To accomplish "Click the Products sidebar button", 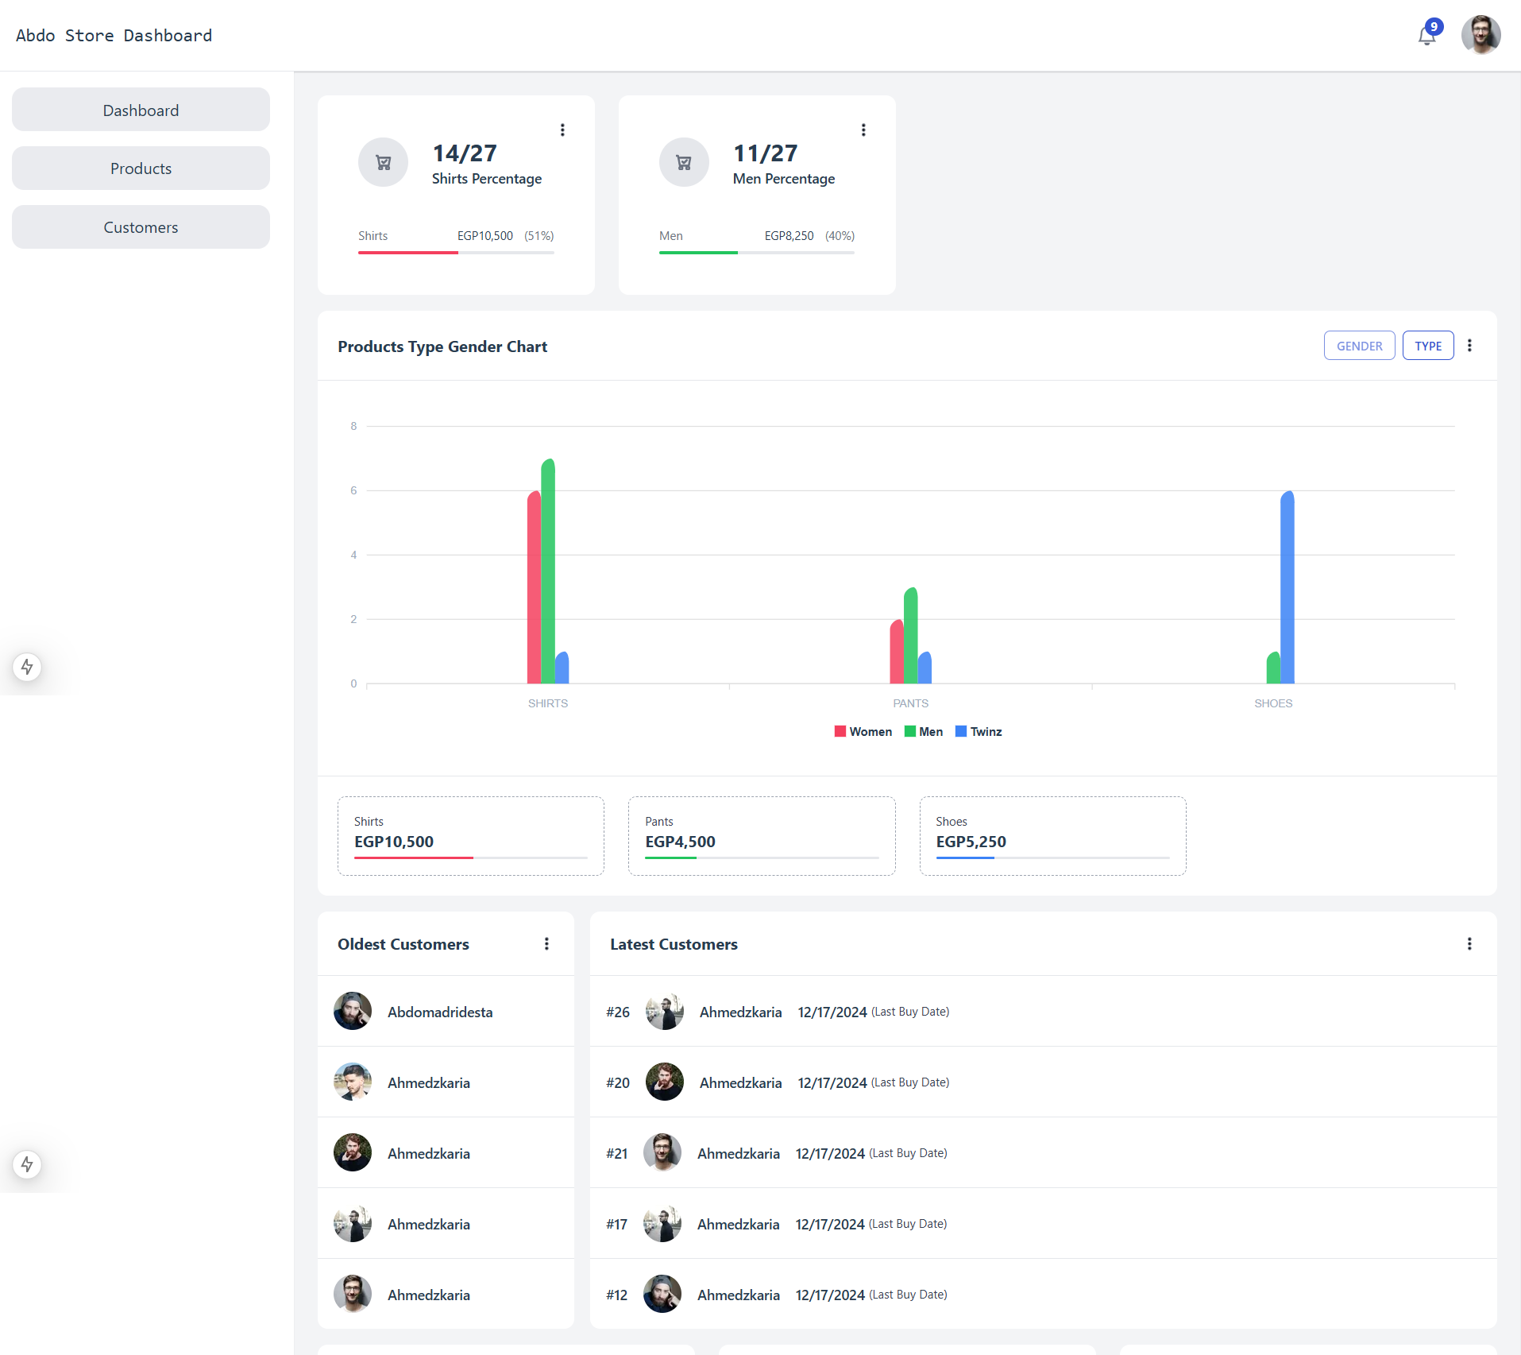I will click(141, 168).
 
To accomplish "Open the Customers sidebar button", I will click(141, 227).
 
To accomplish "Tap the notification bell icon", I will click(1426, 36).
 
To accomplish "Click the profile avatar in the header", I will click(1480, 35).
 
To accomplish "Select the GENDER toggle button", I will click(1359, 346).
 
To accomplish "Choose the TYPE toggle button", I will click(1427, 346).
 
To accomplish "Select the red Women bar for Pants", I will click(897, 652).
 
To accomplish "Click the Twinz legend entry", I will click(979, 732).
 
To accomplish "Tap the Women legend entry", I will click(863, 732).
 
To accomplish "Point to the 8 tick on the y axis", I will click(353, 427).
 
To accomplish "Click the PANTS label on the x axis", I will click(910, 703).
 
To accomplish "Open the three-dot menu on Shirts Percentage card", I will click(562, 130).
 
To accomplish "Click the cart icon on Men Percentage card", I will click(684, 163).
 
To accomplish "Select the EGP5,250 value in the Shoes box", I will click(971, 842).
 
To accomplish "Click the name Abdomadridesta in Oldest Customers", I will click(440, 1012).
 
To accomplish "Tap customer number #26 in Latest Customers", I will click(618, 1012).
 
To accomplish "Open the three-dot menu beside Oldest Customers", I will click(546, 943).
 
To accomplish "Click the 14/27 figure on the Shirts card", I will click(465, 153).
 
